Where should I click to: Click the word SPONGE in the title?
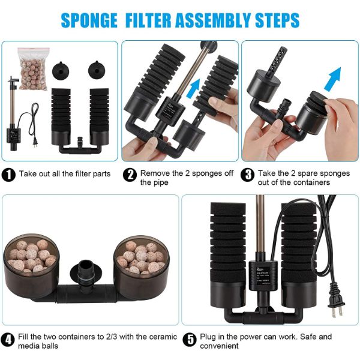point(89,20)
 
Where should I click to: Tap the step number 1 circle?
point(8,175)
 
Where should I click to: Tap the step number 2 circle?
point(130,175)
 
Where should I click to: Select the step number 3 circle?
point(247,175)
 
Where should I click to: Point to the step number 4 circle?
point(8,340)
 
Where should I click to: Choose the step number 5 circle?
point(190,340)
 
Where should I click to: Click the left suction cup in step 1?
point(61,71)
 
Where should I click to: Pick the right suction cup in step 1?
point(97,70)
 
